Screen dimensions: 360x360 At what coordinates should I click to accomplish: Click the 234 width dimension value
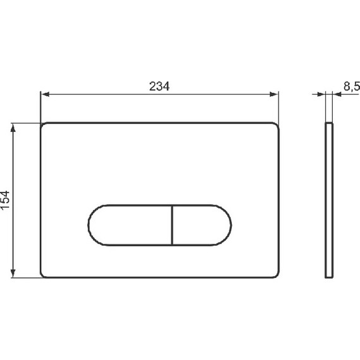(x=159, y=86)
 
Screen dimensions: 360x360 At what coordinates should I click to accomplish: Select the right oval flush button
(x=201, y=224)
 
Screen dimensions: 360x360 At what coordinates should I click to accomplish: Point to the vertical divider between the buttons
(x=172, y=224)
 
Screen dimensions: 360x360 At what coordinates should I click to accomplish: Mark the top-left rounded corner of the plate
(x=44, y=125)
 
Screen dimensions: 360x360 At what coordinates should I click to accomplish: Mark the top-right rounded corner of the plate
(x=276, y=125)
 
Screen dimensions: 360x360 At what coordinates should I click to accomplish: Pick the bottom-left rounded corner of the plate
(x=44, y=274)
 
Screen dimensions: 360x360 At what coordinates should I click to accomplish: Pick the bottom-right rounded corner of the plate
(x=276, y=274)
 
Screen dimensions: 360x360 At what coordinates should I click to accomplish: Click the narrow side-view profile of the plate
(x=328, y=200)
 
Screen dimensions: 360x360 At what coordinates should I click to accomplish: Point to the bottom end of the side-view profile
(x=328, y=277)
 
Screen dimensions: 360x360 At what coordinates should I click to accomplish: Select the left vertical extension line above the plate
(x=40, y=107)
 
